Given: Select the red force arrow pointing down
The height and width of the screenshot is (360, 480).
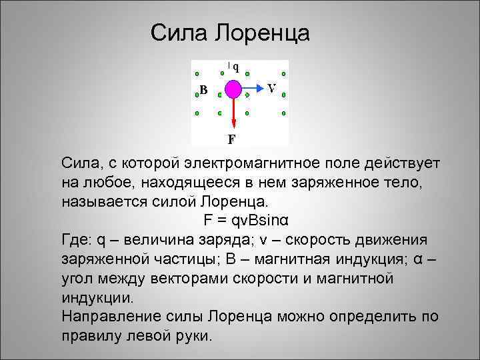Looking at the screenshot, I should [234, 113].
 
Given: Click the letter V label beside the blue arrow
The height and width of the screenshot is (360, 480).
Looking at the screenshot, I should [272, 87].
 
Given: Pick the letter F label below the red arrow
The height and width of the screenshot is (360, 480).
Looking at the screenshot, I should [231, 140].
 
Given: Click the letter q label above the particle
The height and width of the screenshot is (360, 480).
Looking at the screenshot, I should [236, 66].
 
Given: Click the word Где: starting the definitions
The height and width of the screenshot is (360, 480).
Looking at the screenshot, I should [76, 239].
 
